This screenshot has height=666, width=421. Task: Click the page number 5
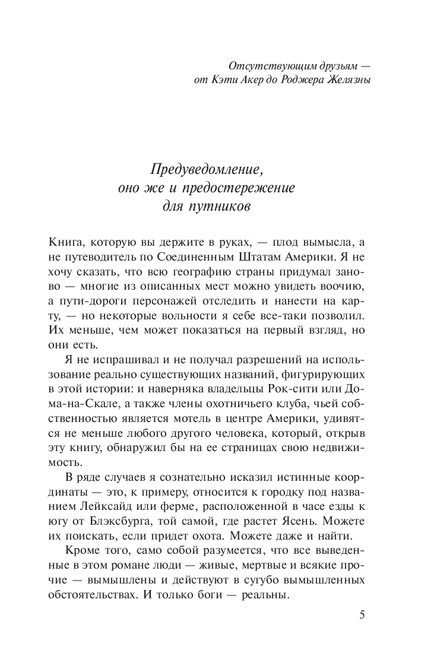[363, 614]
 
